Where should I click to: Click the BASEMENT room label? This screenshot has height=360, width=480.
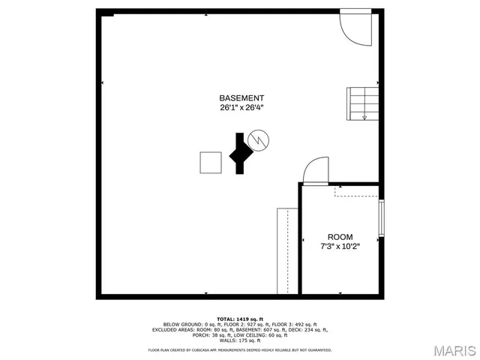coord(241,98)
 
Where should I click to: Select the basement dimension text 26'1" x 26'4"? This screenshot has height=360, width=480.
coord(241,108)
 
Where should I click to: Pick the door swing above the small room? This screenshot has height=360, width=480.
coord(316,170)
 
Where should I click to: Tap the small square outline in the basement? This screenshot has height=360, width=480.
coord(211,162)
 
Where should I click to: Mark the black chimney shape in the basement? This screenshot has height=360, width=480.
coord(240,154)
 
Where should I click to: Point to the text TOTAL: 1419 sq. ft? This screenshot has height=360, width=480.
coord(240,319)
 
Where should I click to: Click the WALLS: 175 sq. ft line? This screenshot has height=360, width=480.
coord(240,340)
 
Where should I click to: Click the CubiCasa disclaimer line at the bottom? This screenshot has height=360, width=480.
coord(240,349)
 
